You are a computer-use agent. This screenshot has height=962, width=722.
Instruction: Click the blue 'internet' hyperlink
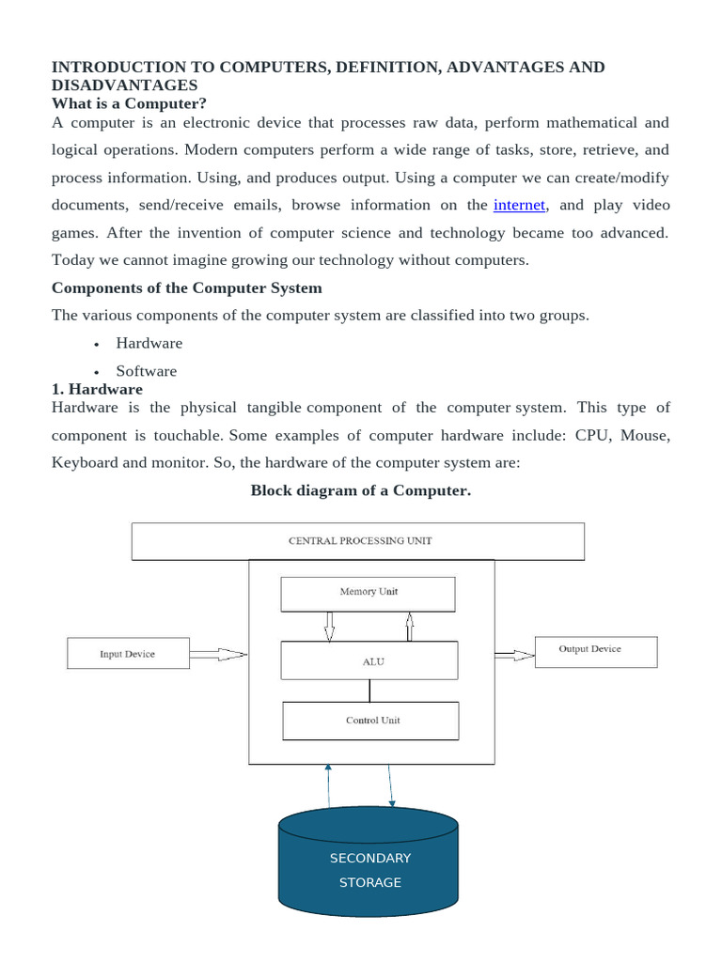[x=519, y=205]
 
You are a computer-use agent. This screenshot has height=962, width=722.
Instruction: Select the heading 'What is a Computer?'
[x=128, y=102]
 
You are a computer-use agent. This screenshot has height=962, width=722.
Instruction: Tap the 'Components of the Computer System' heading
[x=186, y=287]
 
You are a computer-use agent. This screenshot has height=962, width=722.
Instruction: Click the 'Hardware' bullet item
[x=149, y=343]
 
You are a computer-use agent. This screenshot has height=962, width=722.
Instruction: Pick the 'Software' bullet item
[x=146, y=370]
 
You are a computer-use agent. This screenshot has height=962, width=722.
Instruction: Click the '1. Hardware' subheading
[x=97, y=389]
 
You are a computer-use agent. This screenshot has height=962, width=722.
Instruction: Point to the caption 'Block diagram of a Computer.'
[x=360, y=490]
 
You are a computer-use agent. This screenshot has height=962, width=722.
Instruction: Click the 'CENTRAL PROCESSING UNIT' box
[x=357, y=541]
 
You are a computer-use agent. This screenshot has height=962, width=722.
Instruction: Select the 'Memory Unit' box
[x=368, y=593]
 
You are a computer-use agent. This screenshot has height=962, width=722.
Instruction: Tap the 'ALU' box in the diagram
[x=369, y=660]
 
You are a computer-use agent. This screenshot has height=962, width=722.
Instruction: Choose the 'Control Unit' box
[x=370, y=721]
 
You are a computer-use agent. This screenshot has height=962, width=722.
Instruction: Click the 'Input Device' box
[x=128, y=654]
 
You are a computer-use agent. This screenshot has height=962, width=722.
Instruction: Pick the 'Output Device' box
[x=595, y=650]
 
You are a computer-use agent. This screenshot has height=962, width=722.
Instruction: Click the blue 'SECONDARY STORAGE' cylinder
[x=369, y=870]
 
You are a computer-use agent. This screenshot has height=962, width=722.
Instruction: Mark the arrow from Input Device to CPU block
[x=218, y=654]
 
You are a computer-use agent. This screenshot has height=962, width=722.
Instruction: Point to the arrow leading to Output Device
[x=513, y=654]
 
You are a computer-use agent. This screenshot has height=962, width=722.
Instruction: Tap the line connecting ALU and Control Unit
[x=369, y=690]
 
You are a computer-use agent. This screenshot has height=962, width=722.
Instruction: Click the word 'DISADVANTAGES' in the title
[x=124, y=85]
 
